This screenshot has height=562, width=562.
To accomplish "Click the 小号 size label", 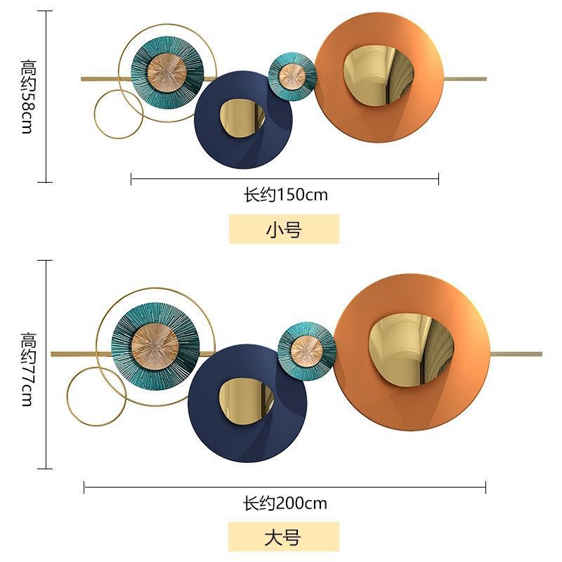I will pos(284,229).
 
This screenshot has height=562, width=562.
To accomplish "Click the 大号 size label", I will pos(284,537).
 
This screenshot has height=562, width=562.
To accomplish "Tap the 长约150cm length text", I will pos(286,195).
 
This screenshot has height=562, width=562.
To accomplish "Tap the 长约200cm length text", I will pos(285,504).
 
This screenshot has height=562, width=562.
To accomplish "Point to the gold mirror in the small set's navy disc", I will pos(242,118).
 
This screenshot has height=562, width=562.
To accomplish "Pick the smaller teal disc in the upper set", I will pos(292,76).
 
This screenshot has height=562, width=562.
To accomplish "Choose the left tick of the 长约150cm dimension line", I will pos(131,178).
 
